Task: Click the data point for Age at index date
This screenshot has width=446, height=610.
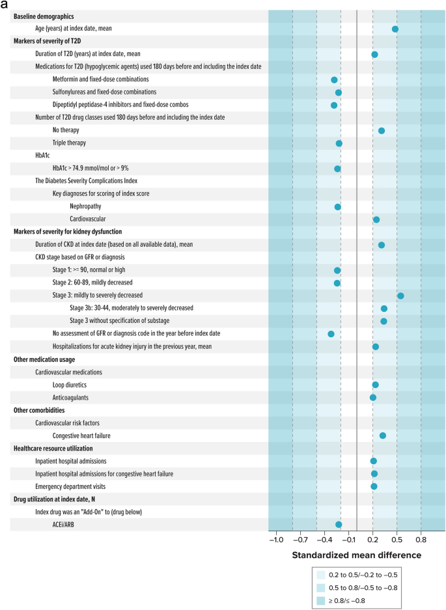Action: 395,29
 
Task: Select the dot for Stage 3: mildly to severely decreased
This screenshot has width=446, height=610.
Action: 400,296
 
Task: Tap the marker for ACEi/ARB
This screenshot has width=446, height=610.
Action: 339,525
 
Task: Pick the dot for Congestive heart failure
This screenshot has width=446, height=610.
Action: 383,436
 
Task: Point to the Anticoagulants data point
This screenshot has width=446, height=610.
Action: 373,398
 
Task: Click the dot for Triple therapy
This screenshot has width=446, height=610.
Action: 339,144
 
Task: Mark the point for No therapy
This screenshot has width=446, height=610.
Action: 382,131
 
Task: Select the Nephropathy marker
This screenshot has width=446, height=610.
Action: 338,207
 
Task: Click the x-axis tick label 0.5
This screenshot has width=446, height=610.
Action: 397,540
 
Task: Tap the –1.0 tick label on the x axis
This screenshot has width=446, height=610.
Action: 276,540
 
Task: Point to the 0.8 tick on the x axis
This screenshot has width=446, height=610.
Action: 421,540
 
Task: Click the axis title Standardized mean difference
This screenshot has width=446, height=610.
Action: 357,555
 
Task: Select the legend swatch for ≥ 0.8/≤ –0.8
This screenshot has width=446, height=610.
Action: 321,601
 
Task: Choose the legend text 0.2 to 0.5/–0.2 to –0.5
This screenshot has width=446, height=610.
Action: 363,575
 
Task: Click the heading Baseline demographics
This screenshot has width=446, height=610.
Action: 44,16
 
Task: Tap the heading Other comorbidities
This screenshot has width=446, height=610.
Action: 39,410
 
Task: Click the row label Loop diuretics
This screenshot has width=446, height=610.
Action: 70,385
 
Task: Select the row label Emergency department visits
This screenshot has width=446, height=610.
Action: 70,487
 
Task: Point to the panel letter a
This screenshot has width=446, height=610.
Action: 4,5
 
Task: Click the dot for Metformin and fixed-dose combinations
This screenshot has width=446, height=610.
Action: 334,80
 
